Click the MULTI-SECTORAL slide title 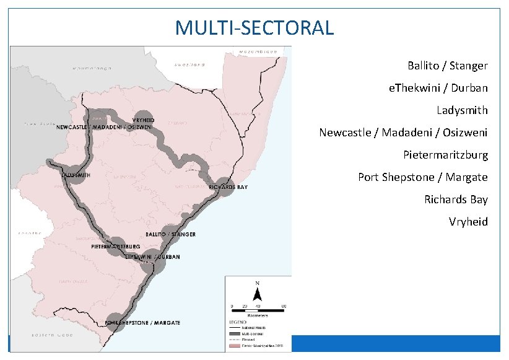(254, 27)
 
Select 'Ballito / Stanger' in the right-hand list (447, 65)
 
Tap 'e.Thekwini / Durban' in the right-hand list (438, 88)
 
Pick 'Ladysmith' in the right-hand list (462, 110)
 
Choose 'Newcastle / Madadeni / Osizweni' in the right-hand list (403, 133)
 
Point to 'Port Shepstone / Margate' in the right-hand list (422, 177)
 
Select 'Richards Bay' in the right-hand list (456, 200)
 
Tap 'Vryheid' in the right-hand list (468, 222)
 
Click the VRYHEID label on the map (143, 120)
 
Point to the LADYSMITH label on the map (76, 175)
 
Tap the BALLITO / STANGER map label (170, 234)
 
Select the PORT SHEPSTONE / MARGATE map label (143, 323)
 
